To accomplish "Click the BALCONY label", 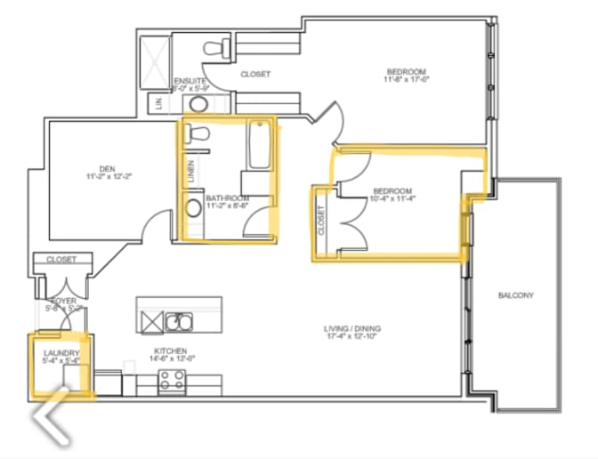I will (x=515, y=295).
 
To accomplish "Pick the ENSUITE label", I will (x=190, y=80).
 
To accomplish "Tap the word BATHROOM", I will (x=225, y=197).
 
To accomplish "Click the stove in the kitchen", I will (x=171, y=382).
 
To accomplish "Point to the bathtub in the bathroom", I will (x=259, y=145).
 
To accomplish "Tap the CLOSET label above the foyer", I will (x=61, y=260).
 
